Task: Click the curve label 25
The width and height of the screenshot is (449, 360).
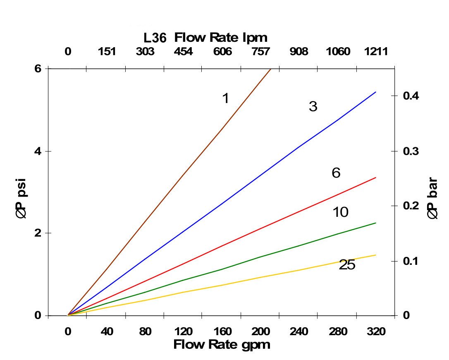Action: [x=347, y=265]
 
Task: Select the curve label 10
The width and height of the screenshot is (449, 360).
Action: [x=340, y=212]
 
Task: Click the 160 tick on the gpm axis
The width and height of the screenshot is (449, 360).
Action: [x=222, y=332]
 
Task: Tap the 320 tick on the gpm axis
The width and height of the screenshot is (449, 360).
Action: [x=376, y=332]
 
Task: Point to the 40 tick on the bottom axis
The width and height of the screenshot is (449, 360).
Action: [x=106, y=332]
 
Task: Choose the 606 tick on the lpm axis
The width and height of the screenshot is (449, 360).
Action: [x=222, y=52]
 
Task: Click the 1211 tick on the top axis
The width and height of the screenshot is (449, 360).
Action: [x=376, y=52]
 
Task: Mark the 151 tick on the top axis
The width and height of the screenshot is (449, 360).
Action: [x=106, y=52]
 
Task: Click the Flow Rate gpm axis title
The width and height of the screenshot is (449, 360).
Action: [x=222, y=345]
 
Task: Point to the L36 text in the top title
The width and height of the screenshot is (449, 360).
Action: [x=155, y=38]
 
